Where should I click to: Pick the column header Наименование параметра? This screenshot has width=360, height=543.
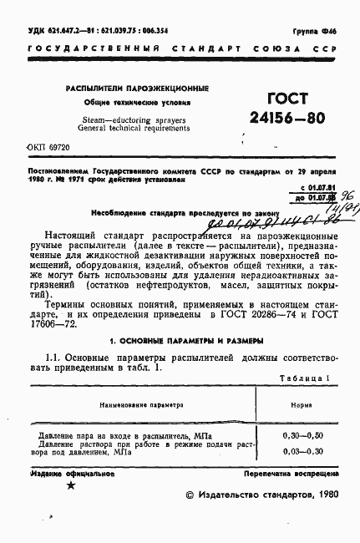point(136,381)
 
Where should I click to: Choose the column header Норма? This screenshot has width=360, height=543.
point(301,381)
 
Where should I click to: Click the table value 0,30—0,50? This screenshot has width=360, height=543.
point(301,436)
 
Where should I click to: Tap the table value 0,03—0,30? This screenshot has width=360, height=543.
point(301,452)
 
